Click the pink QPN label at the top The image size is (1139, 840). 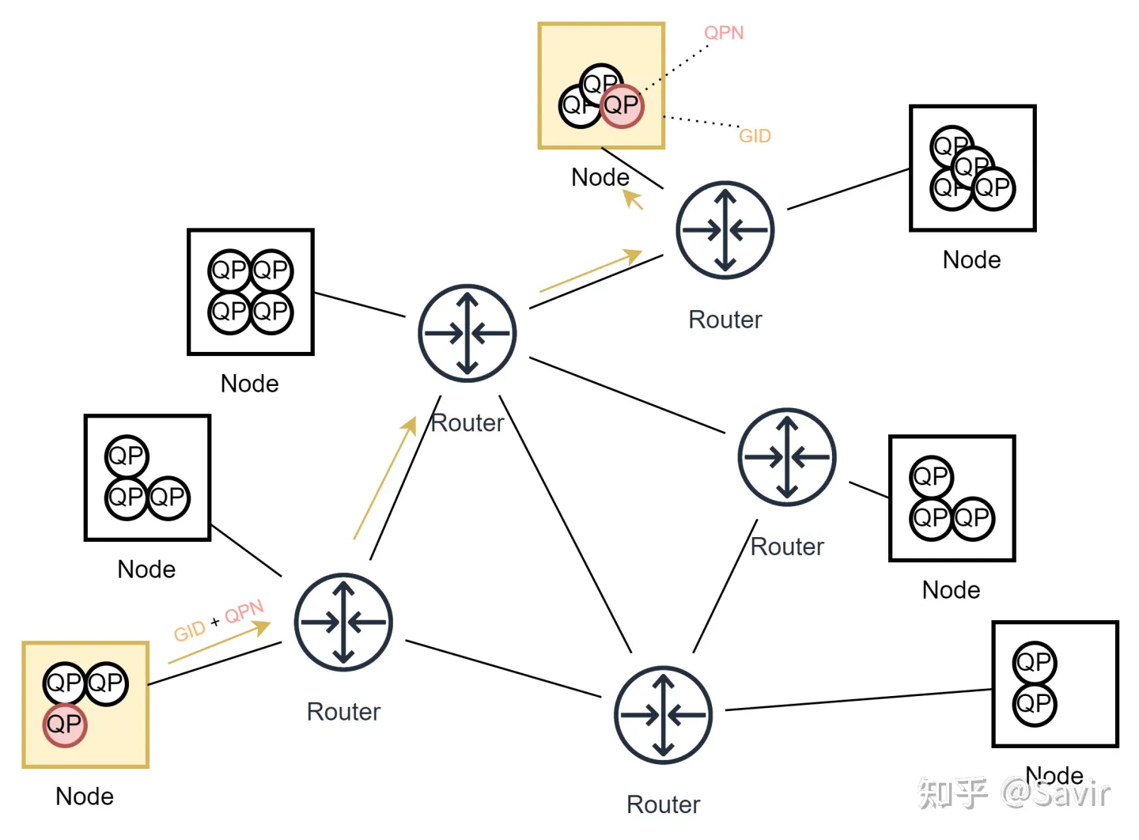click(x=724, y=32)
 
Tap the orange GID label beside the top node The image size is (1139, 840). click(x=755, y=136)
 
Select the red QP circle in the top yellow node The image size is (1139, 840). click(x=622, y=105)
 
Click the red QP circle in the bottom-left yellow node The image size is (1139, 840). click(x=64, y=725)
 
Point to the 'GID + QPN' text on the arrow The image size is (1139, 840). click(x=218, y=622)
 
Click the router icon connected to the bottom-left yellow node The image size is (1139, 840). click(x=343, y=622)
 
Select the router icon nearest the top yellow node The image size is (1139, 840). click(x=725, y=230)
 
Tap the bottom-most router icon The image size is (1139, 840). click(x=664, y=716)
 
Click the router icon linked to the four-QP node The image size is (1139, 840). click(x=467, y=333)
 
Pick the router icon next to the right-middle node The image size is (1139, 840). click(x=787, y=457)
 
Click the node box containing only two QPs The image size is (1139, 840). click(x=1055, y=684)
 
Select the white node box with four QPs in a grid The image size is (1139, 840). click(x=251, y=292)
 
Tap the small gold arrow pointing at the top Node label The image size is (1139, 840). click(x=634, y=199)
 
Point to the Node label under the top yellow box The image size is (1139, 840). click(x=600, y=177)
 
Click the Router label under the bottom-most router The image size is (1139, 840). click(x=663, y=804)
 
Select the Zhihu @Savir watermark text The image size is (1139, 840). click(x=1014, y=793)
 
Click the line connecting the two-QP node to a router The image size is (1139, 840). click(x=858, y=700)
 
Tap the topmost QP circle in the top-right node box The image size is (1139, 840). click(x=952, y=146)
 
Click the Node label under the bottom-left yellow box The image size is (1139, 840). click(x=85, y=796)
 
